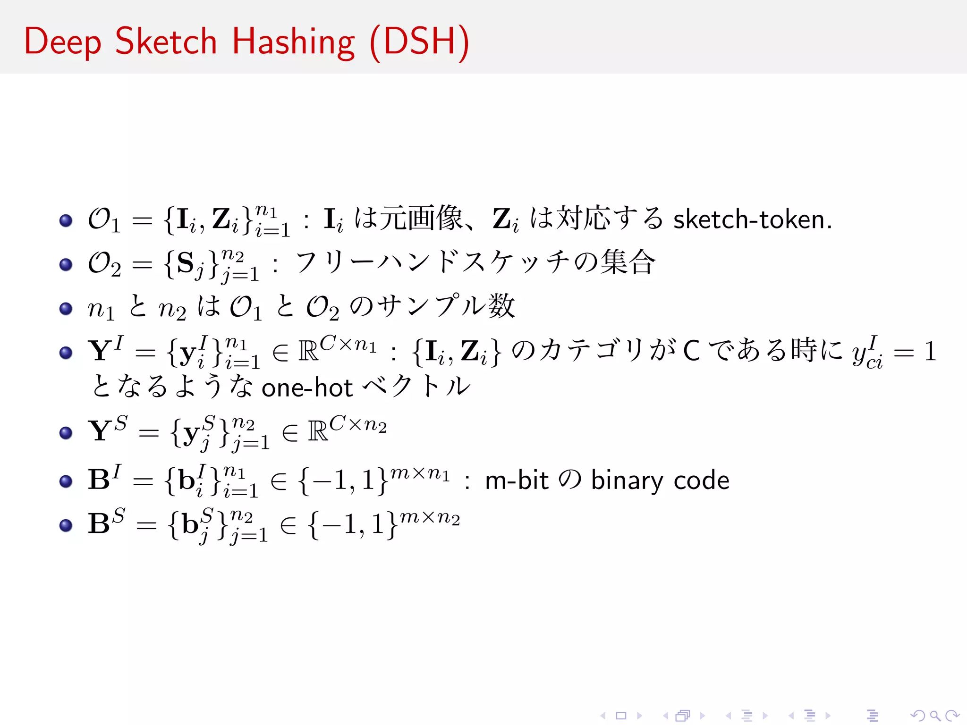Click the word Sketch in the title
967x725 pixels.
tap(166, 41)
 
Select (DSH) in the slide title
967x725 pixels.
tap(420, 42)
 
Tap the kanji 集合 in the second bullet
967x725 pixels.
tap(628, 262)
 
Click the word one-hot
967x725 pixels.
tap(307, 388)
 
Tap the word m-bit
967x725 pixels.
tap(517, 481)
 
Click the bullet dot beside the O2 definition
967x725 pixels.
tap(66, 264)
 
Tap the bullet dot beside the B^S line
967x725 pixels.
tap(66, 525)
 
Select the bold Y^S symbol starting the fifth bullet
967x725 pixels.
tap(108, 430)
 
